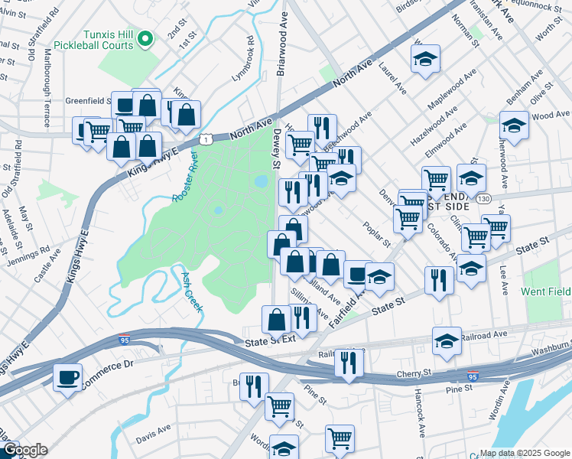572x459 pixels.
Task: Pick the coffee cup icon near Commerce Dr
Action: click(68, 376)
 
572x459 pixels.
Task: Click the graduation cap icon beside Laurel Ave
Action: click(426, 59)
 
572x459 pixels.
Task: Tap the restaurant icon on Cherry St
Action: click(349, 362)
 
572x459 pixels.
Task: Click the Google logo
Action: click(25, 450)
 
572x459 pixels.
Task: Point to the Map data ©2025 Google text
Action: click(524, 453)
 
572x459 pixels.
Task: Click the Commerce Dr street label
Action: click(108, 365)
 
